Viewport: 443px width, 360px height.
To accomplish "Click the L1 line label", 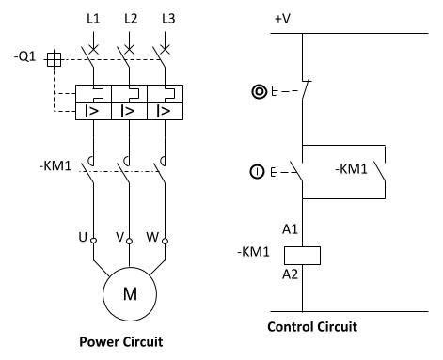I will (x=93, y=19).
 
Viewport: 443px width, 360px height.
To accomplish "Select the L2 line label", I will (x=130, y=19).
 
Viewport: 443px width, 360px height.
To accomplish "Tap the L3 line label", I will (x=166, y=19).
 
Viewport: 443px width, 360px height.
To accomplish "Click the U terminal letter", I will (x=83, y=237).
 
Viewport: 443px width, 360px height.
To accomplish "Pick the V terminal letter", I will (x=119, y=237).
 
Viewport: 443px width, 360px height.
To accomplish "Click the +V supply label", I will (x=284, y=18).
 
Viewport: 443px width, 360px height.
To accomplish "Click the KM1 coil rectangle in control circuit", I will (x=303, y=254).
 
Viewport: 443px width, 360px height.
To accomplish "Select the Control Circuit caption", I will (x=312, y=327).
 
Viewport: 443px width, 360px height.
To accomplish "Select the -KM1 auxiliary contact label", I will (x=351, y=169).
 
